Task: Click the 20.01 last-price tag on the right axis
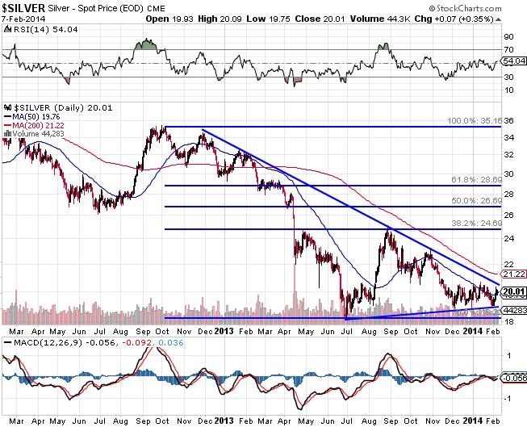512,291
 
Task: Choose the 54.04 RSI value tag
512,61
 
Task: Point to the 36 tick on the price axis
509,120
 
